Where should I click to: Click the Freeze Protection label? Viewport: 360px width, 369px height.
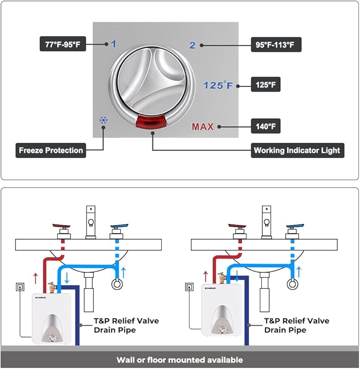(51, 150)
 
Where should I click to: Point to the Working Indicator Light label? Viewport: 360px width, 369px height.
(297, 150)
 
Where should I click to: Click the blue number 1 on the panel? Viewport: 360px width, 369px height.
(113, 45)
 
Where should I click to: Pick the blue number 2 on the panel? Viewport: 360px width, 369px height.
(192, 45)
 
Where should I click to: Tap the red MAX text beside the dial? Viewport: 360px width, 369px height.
(203, 127)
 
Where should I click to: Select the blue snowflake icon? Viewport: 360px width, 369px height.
(103, 120)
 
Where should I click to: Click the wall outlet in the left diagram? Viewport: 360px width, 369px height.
(20, 287)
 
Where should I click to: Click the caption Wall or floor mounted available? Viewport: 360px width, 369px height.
(179, 360)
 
